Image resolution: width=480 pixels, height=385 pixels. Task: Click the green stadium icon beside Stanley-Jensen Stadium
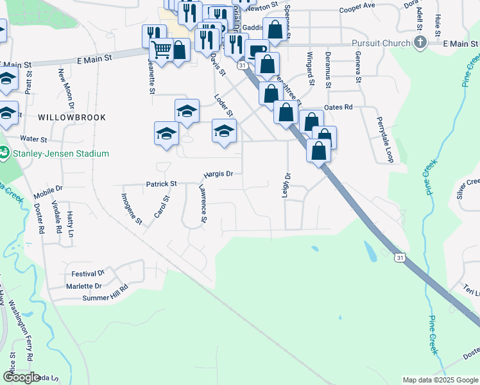[x=4, y=153]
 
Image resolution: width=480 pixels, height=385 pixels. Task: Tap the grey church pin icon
[x=420, y=43]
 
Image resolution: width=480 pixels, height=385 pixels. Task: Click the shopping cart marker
[x=161, y=49]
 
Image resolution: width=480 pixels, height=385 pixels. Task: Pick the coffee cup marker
[x=257, y=50]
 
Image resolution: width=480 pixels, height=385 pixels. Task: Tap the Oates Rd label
[x=339, y=107]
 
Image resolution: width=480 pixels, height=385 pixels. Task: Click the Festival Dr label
[x=88, y=274]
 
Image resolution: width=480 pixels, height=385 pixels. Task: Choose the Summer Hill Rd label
[x=106, y=298]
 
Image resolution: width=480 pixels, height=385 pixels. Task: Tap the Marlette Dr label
[x=84, y=286]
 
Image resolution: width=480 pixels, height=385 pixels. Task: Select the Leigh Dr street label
[x=287, y=184]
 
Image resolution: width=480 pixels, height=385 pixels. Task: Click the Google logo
[x=22, y=377]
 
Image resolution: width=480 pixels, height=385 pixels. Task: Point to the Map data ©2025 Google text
[x=440, y=380]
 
